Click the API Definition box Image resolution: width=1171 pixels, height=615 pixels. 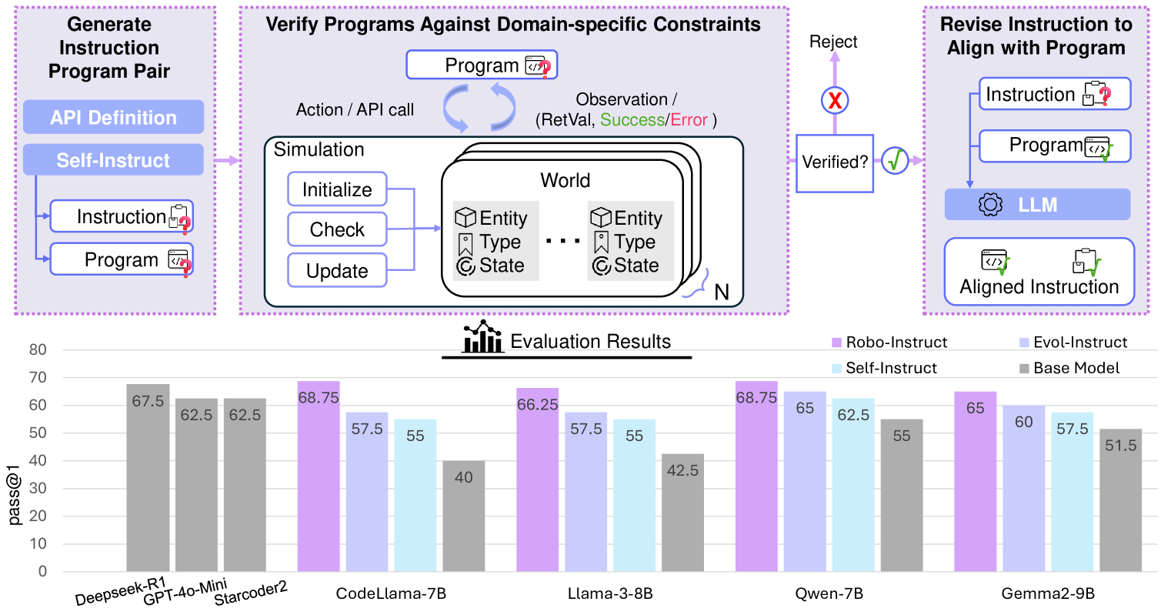[x=113, y=117]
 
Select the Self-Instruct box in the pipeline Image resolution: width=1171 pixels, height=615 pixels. [x=113, y=160]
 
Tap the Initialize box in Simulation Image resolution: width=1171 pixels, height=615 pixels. [x=337, y=189]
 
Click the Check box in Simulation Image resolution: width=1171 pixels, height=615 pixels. [x=337, y=229]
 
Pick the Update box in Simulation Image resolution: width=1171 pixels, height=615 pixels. [x=337, y=271]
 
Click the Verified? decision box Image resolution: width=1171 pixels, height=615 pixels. [x=835, y=162]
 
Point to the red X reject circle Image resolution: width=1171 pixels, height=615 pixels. [x=835, y=100]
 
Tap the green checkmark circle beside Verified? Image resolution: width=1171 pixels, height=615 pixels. [x=896, y=161]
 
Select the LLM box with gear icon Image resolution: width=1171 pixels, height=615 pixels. [x=1037, y=205]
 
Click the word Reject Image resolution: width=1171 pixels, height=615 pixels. [x=833, y=42]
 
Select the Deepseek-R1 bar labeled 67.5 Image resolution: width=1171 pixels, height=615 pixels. [x=148, y=477]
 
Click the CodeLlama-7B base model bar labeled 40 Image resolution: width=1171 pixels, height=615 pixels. [x=463, y=516]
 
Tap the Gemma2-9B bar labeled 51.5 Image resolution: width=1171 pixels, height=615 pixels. [x=1120, y=500]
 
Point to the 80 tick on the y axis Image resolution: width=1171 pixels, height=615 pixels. [x=38, y=349]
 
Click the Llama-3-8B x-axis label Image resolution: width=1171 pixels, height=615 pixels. [x=610, y=593]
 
